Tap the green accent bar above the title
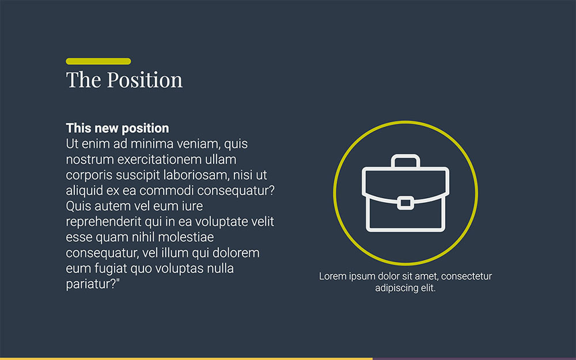tap(98, 61)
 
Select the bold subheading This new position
tap(118, 128)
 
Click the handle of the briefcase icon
tap(405, 161)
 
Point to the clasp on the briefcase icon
tap(405, 202)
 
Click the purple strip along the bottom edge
tap(474, 358)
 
